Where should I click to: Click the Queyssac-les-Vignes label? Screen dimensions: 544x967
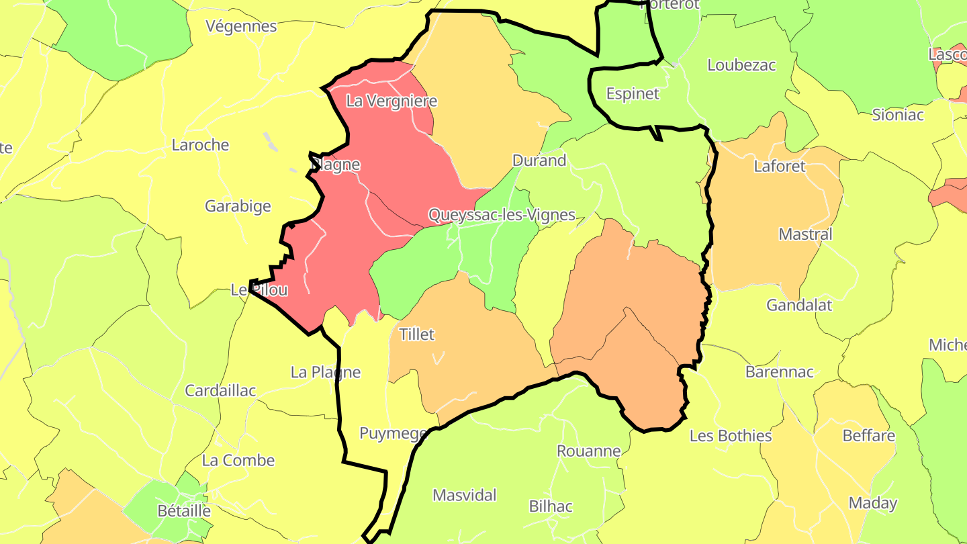502,215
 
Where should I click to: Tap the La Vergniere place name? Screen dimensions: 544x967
391,101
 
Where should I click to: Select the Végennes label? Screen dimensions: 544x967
241,26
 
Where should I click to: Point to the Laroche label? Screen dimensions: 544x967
200,145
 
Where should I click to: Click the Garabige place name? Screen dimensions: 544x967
238,206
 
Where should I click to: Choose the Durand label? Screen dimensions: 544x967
539,161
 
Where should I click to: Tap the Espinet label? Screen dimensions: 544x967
633,93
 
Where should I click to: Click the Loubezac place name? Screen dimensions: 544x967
741,65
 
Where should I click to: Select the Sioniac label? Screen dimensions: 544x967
898,114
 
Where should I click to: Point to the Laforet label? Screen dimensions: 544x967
779,166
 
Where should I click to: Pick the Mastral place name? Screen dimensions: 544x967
805,234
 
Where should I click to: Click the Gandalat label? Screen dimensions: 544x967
799,305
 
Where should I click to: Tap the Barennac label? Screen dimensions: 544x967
779,371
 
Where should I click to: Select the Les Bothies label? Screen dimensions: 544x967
731,436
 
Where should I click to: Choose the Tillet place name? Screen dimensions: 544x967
417,334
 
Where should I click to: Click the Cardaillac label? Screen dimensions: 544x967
220,390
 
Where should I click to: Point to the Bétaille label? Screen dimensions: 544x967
184,511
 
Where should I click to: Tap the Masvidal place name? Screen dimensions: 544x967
464,496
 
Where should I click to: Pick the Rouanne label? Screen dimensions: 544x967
588,451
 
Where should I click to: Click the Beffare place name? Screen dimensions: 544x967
868,436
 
